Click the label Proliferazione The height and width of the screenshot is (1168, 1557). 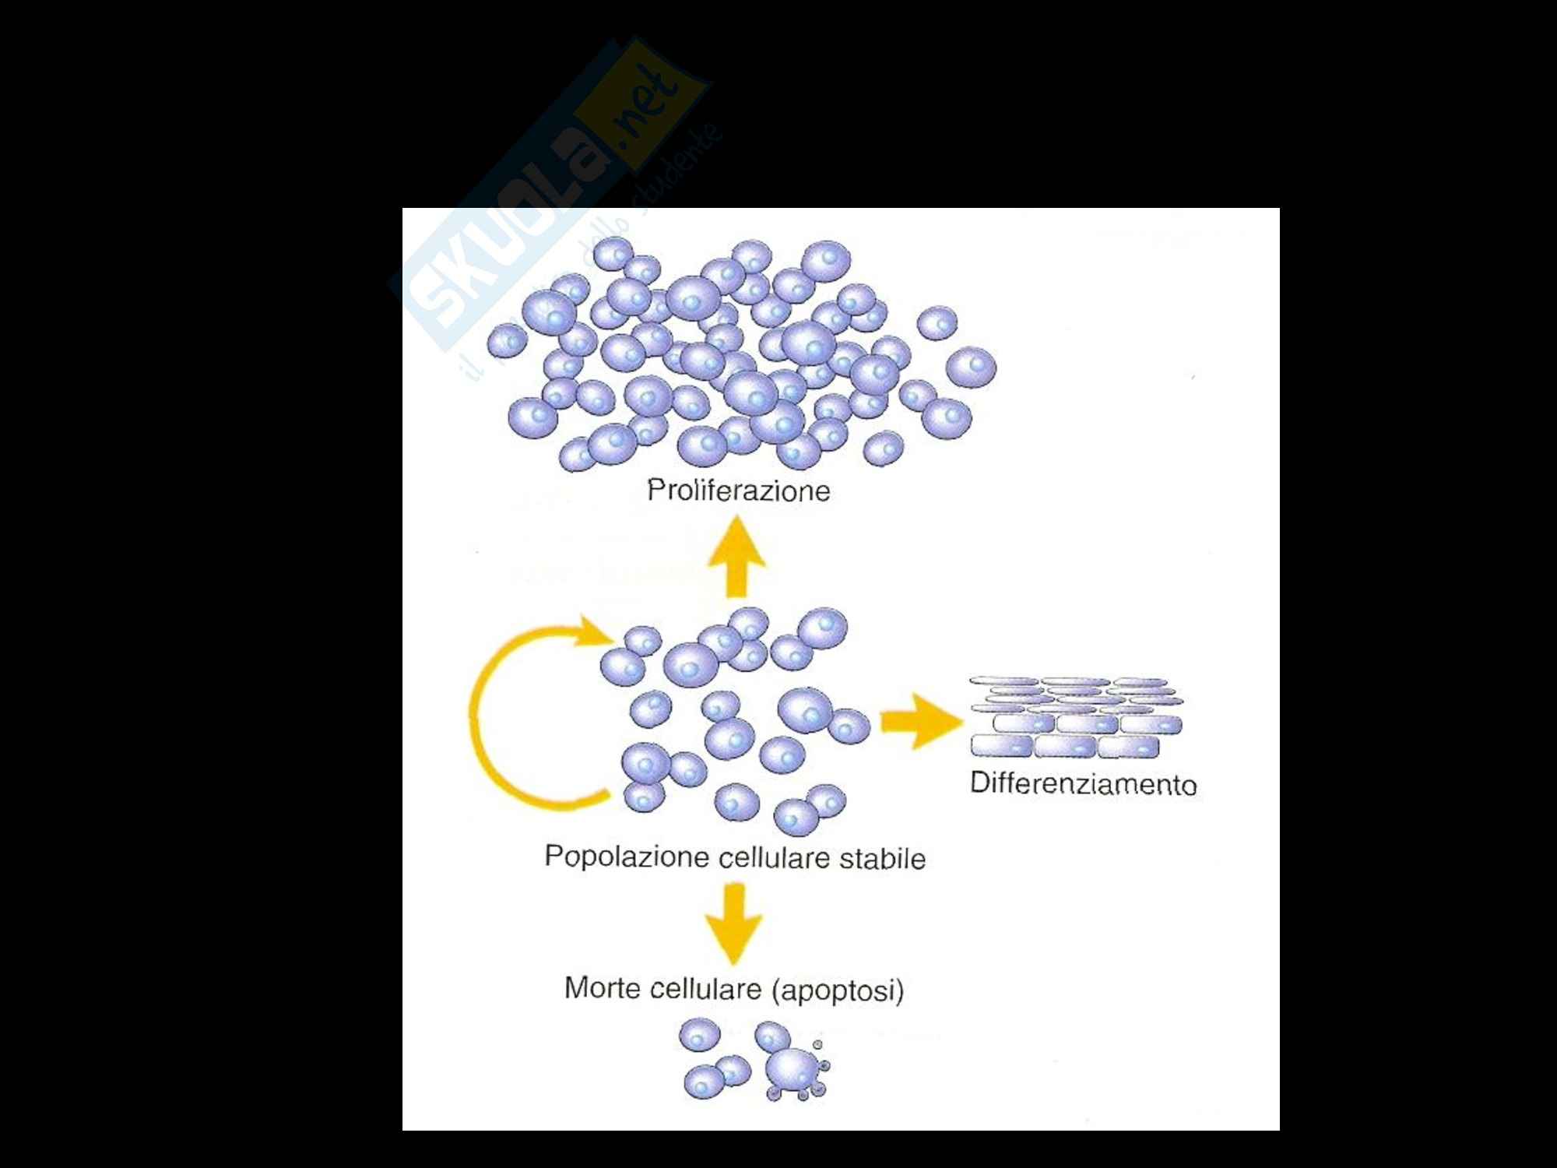738,491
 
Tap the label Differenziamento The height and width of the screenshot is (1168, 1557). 1083,783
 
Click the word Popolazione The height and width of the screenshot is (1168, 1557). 616,856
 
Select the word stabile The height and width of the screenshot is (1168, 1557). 882,858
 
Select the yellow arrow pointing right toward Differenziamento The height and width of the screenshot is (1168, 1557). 920,722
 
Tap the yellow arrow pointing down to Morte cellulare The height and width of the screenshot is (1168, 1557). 733,923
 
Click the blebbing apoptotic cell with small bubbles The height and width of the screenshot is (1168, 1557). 794,1068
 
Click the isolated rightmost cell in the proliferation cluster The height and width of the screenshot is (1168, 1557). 971,367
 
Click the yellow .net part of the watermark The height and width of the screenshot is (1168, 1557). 646,109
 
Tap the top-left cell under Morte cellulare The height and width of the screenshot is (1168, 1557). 699,1036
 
